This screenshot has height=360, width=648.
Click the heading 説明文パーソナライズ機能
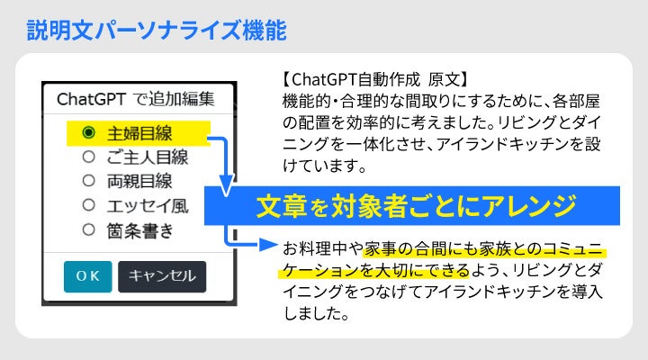pos(156,31)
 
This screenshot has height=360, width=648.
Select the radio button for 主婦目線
pos(88,132)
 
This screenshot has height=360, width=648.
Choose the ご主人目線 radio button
pos(88,157)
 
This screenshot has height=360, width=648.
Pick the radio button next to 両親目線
pos(88,181)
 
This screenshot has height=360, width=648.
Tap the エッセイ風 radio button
pos(88,205)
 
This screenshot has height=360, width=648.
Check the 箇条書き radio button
pos(88,229)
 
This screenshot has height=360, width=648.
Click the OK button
pos(87,276)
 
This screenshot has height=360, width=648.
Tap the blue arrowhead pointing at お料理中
pos(268,244)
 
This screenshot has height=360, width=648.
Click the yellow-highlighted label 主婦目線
pos(139,133)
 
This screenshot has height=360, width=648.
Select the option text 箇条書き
pos(141,230)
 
